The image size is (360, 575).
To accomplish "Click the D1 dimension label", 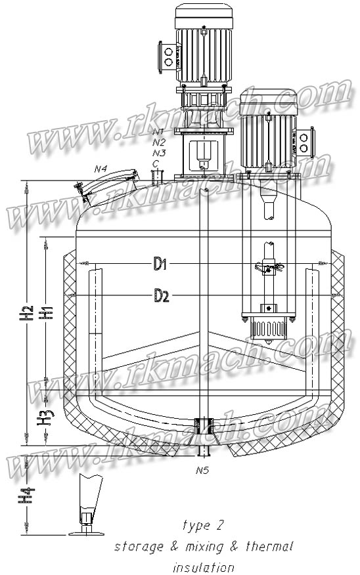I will (x=161, y=264).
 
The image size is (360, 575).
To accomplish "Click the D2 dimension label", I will (x=162, y=296).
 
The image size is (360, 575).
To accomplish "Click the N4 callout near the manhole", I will (x=101, y=169).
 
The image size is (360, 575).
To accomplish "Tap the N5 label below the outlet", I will (x=202, y=470).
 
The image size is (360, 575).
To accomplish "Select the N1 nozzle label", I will (x=158, y=132).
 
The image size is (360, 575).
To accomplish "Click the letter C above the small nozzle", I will (x=156, y=162).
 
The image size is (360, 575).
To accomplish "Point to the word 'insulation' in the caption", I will (x=203, y=566).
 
